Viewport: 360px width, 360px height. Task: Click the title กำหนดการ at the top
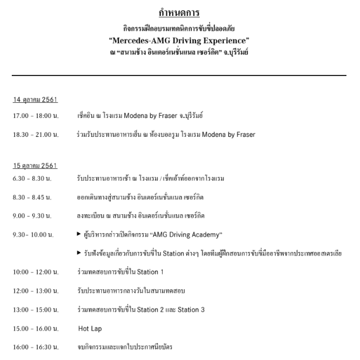pyautogui.click(x=180, y=12)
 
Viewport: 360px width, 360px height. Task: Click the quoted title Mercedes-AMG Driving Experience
pyautogui.click(x=180, y=41)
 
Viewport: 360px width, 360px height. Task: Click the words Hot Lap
pyautogui.click(x=90, y=328)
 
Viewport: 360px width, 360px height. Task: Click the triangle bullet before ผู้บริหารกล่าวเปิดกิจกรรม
pyautogui.click(x=80, y=234)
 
